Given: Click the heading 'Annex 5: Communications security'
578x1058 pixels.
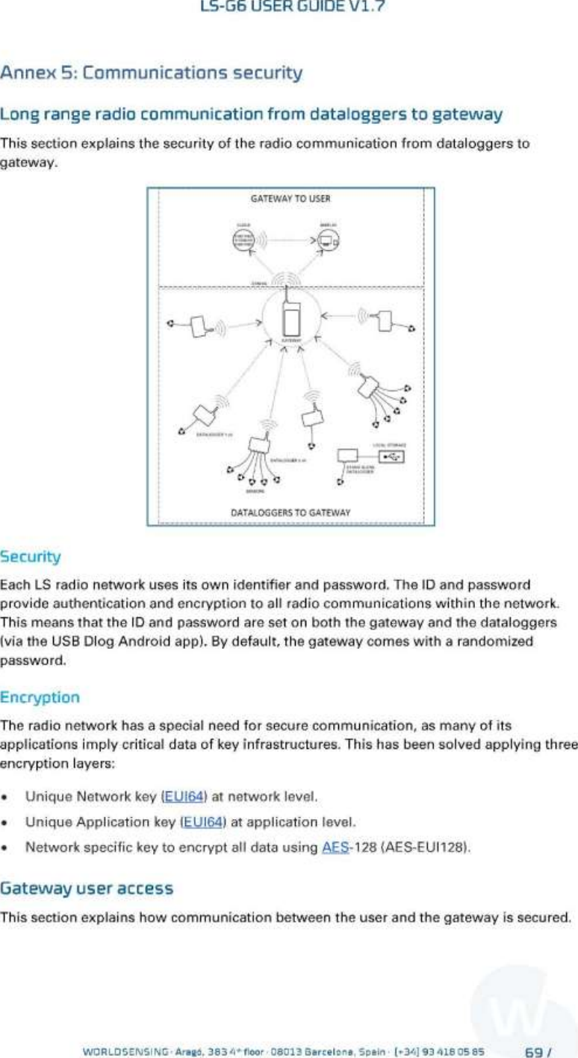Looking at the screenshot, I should tap(152, 73).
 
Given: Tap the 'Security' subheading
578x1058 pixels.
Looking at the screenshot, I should tap(31, 557).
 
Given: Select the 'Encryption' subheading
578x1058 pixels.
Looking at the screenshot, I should tap(40, 697).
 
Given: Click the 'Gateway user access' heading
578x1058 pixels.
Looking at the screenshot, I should tap(87, 889).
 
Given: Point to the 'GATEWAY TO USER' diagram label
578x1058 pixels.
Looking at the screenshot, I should tap(290, 199).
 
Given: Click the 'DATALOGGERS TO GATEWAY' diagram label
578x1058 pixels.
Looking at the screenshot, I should tap(290, 513).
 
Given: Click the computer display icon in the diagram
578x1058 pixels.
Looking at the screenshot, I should tap(327, 240).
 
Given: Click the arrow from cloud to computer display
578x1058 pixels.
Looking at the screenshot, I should tap(288, 240).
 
